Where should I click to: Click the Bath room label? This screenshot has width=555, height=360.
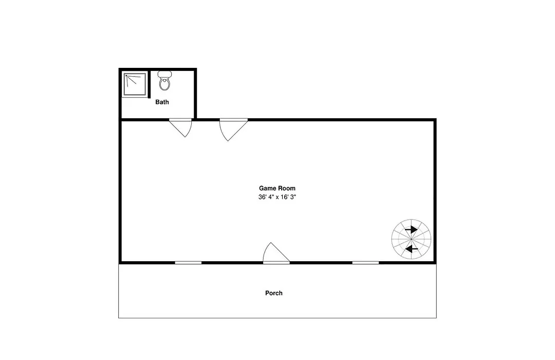(162, 102)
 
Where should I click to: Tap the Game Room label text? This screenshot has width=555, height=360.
(277, 188)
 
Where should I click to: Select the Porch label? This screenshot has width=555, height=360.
(274, 293)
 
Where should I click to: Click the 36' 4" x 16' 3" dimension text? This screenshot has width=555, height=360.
(277, 197)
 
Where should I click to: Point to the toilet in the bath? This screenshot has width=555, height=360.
(164, 80)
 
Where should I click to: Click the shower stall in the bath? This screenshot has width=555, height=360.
(135, 84)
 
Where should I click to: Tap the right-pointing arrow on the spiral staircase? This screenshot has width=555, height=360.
(411, 229)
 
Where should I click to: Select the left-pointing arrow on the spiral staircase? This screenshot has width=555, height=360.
(411, 249)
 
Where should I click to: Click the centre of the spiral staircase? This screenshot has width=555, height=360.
(411, 239)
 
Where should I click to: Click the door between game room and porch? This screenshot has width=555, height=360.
(276, 253)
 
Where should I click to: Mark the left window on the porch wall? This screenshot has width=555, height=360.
(188, 263)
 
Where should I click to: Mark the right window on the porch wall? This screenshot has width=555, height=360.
(365, 263)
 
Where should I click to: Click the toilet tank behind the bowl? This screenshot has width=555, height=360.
(164, 74)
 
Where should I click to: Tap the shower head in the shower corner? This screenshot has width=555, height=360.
(126, 76)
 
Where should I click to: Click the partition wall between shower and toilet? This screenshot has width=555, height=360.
(149, 84)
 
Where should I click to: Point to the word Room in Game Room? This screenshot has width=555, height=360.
(286, 188)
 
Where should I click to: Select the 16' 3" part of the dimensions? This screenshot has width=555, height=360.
(288, 197)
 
